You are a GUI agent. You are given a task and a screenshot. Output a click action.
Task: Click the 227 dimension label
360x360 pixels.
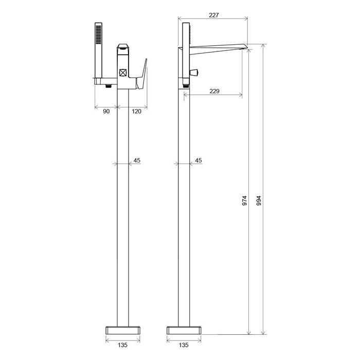coord(214,15)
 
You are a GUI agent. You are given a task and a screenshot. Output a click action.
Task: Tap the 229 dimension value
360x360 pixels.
coord(214,91)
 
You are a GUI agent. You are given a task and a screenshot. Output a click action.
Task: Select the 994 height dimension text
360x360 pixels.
coord(259,201)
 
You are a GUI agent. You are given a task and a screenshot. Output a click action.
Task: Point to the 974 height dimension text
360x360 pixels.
coord(244,201)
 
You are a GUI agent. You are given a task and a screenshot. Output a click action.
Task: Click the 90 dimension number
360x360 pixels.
coord(106,112)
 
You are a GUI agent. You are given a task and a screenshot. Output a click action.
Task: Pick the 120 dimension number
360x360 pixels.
coord(136,112)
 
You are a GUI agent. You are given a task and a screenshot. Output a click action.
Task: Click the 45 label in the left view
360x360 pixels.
coord(137,160)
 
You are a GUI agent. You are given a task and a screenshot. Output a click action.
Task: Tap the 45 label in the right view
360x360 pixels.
coord(199,160)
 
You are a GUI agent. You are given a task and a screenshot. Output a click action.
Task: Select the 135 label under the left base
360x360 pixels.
coord(122,345)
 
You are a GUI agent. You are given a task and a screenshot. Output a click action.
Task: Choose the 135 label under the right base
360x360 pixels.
coord(184,345)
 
